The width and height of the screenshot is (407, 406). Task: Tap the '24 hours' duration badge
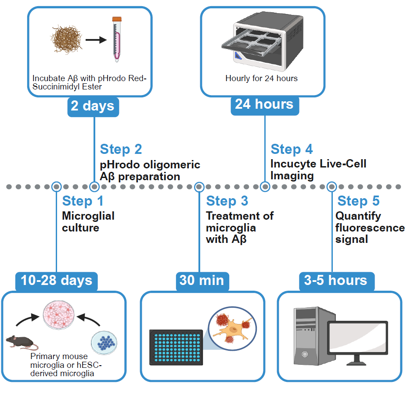264,104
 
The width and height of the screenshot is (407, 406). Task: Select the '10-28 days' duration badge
57,280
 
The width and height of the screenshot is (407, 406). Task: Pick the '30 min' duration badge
202,280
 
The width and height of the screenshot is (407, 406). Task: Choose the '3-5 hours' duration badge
335,280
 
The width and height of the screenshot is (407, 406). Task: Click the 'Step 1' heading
83,201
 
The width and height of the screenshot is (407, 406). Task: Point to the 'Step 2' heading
121,149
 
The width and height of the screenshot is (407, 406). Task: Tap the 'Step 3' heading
227,201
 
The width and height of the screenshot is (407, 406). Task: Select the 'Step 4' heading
292,149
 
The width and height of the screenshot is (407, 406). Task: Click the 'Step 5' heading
358,201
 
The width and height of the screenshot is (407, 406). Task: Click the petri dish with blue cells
104,342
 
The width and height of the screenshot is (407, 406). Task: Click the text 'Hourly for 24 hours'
261,79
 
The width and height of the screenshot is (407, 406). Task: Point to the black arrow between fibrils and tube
96,40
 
